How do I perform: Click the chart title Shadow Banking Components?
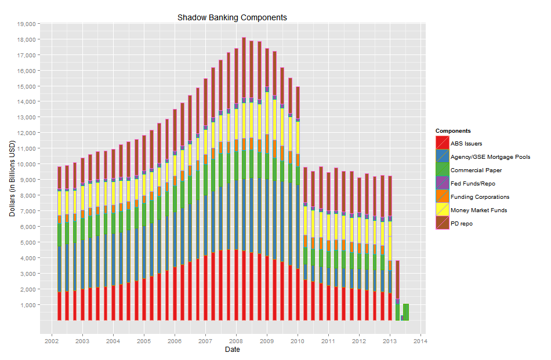232,17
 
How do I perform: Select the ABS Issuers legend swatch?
443,143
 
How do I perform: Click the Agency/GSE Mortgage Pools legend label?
490,157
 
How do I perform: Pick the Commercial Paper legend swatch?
443,170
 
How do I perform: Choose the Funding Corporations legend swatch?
443,197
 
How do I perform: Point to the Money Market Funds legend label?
478,210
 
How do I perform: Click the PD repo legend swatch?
443,224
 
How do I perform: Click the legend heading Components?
453,131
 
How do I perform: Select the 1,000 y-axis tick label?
28,304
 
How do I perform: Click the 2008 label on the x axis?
236,341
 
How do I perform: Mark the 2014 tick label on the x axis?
420,341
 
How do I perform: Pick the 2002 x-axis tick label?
52,341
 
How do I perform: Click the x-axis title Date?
232,350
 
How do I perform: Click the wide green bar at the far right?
406,312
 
